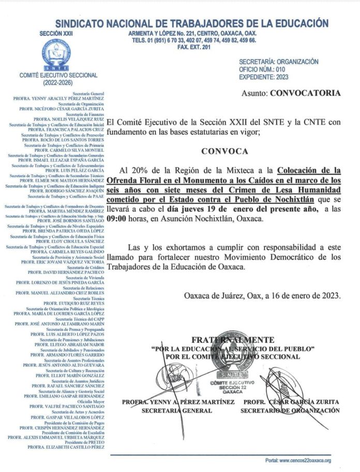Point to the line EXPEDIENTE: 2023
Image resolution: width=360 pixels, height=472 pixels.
[266, 77]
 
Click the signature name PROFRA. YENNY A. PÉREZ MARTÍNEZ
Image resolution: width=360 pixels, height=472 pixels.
[167, 402]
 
